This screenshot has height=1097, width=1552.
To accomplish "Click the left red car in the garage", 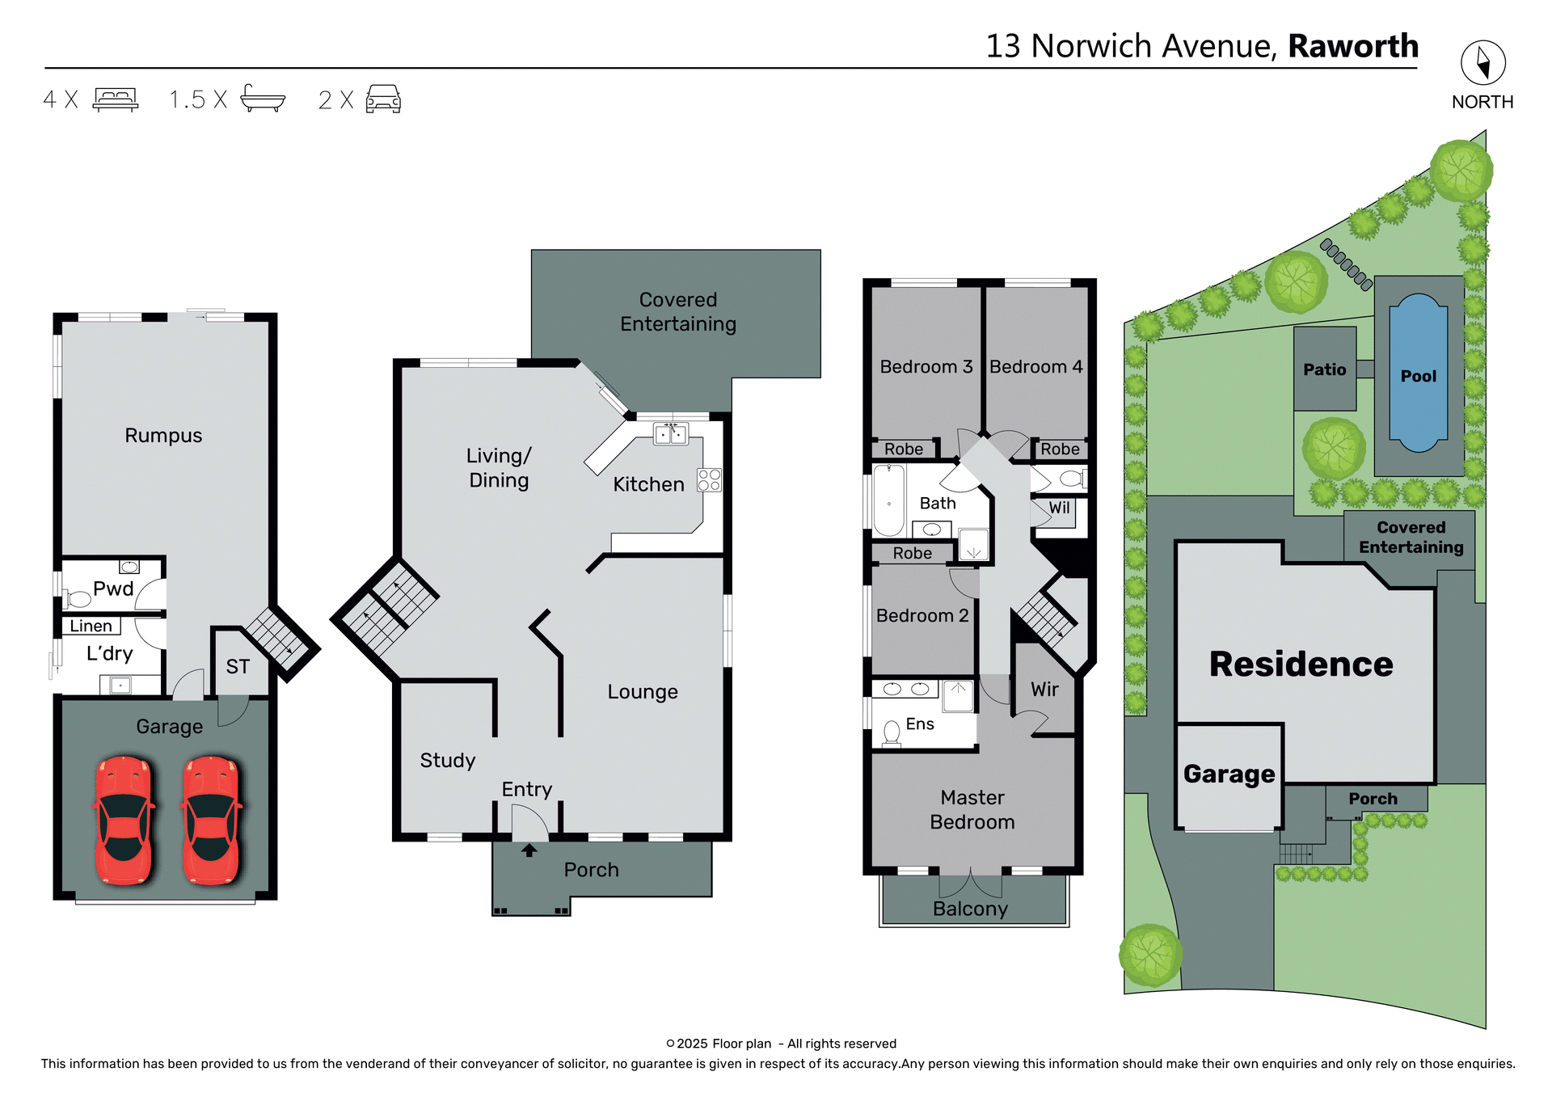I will (x=124, y=820).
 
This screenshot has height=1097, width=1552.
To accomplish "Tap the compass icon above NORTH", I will (x=1482, y=63).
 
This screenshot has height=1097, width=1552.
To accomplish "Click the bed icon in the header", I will (x=116, y=99).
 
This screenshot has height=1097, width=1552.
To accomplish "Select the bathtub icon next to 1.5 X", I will (x=263, y=99).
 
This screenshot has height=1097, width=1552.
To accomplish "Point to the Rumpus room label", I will (x=163, y=436).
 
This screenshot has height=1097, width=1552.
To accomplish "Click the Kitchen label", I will (x=648, y=484).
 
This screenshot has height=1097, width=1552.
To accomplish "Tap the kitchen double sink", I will (x=670, y=434).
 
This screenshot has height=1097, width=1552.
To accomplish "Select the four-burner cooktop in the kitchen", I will (x=709, y=480).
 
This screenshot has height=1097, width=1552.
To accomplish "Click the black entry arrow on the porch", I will (x=529, y=850).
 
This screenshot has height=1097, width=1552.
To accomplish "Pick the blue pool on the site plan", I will (x=1418, y=373).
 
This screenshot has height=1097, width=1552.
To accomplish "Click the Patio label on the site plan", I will (x=1324, y=369).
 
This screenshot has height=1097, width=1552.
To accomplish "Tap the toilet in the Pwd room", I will (x=78, y=599).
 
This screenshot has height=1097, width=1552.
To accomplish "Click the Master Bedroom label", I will (x=972, y=809).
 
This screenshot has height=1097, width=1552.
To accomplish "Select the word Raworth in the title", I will (x=1352, y=46).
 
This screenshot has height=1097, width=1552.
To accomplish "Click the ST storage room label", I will (x=238, y=667).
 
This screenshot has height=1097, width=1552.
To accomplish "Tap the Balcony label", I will (x=970, y=909).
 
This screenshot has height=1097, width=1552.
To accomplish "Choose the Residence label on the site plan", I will (x=1301, y=665).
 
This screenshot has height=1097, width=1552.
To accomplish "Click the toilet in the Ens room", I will (x=892, y=732).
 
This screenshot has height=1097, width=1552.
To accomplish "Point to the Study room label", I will (x=447, y=761).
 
